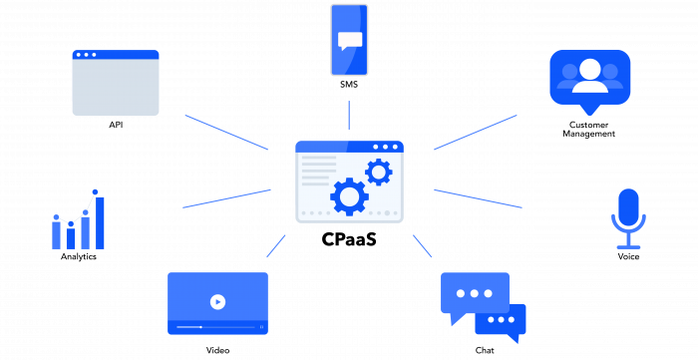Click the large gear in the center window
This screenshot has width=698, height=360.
coord(349,196)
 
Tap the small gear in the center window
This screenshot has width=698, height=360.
coord(378,172)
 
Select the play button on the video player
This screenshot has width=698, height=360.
coord(217,301)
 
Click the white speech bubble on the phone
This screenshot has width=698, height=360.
coord(350,40)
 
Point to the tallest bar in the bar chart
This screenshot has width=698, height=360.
coord(100,222)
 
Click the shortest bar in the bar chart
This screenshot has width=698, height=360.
coord(71,238)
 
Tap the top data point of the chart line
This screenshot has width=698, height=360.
coord(95,191)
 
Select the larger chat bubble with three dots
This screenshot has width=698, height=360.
coord(475,292)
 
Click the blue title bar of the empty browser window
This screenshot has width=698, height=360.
coord(116,55)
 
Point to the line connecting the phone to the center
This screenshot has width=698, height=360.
coord(349,115)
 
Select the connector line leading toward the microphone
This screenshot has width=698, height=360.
coord(478,198)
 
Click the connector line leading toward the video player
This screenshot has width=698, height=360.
coord(276,245)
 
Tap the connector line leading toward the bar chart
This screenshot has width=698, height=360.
coord(227,198)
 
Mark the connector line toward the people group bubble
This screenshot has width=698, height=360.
coord(476,132)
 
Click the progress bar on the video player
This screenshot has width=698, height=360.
coord(217,327)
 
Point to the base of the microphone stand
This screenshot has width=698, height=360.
coord(628,246)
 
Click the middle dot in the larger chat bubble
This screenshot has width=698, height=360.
coord(475,293)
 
